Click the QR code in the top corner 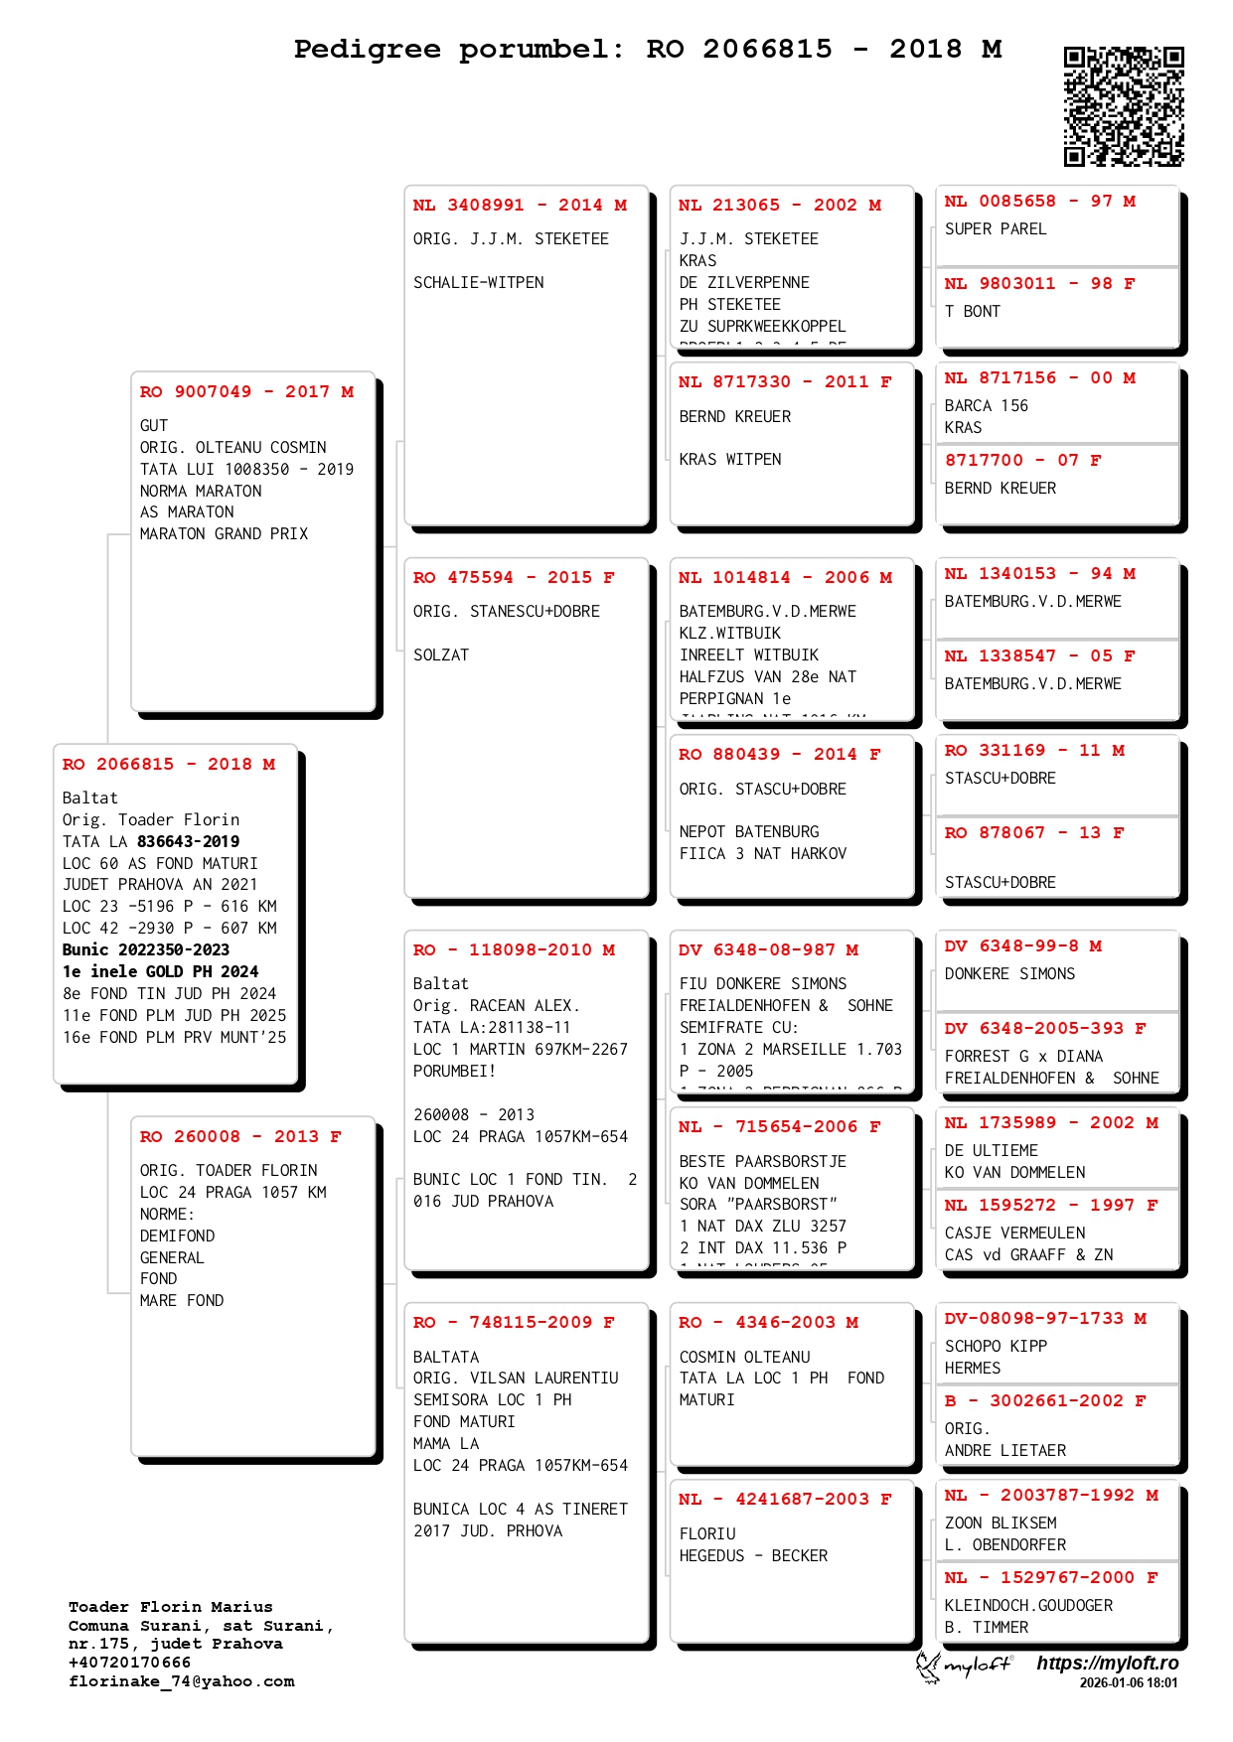click(1124, 106)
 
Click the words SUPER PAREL click(996, 228)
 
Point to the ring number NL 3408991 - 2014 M click(520, 205)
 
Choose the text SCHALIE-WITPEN click(479, 282)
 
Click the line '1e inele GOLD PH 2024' click(160, 971)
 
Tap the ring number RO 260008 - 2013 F click(240, 1136)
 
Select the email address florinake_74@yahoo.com click(181, 1681)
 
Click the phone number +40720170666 click(129, 1663)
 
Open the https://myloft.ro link click(1107, 1663)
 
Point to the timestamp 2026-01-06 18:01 click(1128, 1682)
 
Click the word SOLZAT click(441, 654)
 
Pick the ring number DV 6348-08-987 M click(768, 949)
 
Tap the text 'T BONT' click(973, 311)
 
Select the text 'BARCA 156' click(987, 405)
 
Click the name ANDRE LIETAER click(1005, 1450)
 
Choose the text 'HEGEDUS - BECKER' click(753, 1555)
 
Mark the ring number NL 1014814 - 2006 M click(785, 577)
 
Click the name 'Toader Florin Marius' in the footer click(170, 1607)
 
